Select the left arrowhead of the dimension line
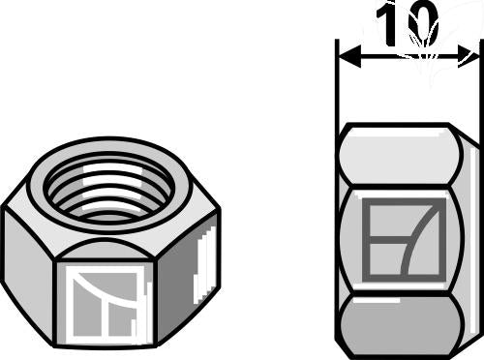click(349, 57)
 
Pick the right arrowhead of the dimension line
click(469, 57)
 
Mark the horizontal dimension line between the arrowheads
click(408, 57)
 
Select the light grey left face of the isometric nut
click(27, 273)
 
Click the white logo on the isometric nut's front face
click(105, 305)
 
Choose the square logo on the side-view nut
click(404, 239)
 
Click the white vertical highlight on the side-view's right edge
click(472, 242)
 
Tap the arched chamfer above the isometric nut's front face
click(106, 250)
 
